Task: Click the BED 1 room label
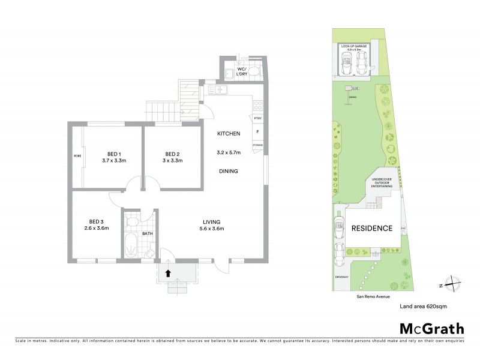[113, 152]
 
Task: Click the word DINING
[229, 171]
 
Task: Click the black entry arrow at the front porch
[168, 272]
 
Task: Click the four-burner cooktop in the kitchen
[258, 105]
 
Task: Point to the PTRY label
[257, 119]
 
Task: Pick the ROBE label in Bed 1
[77, 155]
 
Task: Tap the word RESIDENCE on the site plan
[371, 228]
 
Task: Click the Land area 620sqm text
[424, 307]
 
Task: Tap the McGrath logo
[431, 328]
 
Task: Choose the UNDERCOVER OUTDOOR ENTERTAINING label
[383, 183]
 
